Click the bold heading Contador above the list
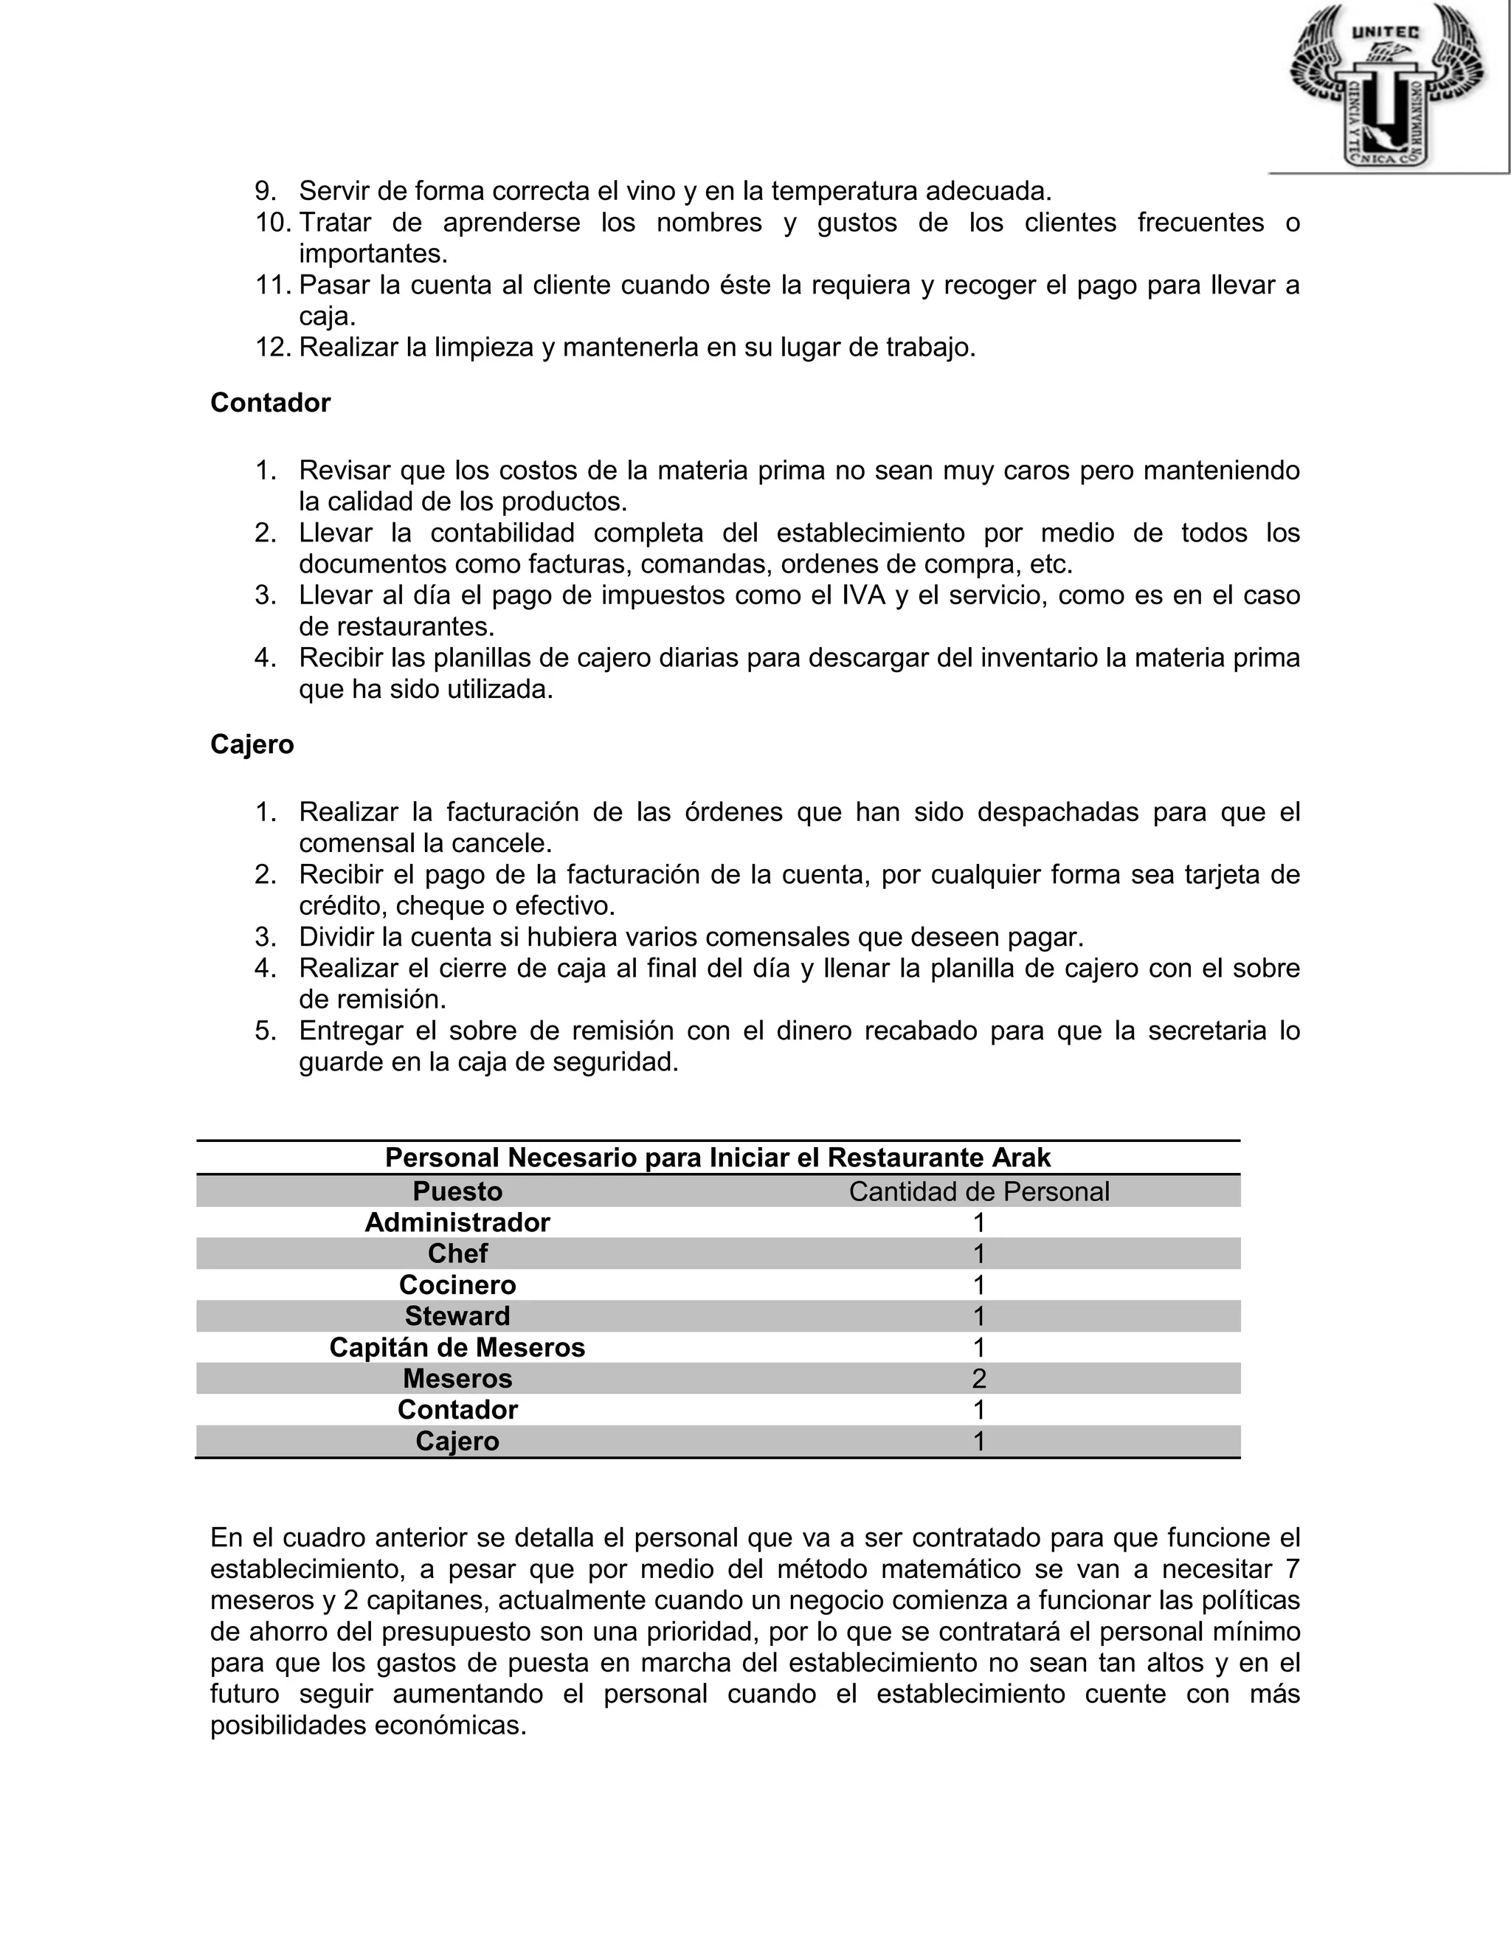coord(270,403)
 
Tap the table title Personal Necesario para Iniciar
coord(718,1158)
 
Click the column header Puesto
coord(457,1191)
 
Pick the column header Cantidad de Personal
coord(978,1191)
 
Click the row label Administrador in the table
coord(457,1222)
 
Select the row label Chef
coord(457,1253)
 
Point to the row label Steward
coord(457,1316)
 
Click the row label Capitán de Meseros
coord(457,1347)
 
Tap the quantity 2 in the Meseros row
coord(978,1379)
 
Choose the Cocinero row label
coord(457,1284)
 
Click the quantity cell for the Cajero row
coord(978,1442)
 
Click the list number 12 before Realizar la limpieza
coord(272,347)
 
